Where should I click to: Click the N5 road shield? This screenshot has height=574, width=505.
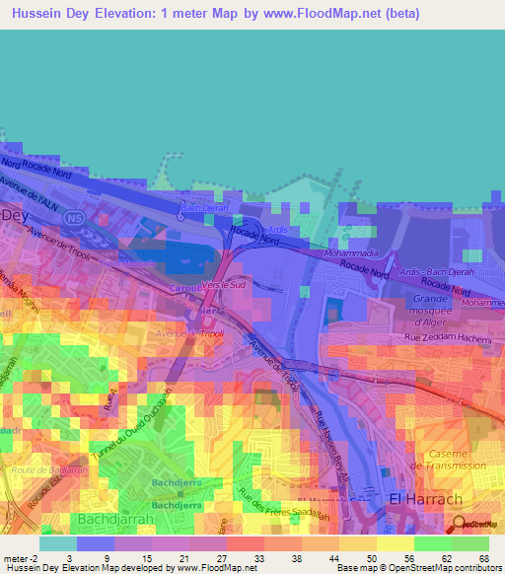tap(71, 217)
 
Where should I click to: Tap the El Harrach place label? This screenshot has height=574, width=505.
tap(426, 500)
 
